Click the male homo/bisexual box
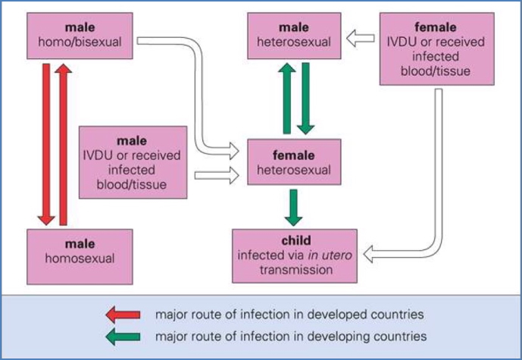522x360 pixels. (80, 35)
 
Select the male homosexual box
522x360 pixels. (80, 251)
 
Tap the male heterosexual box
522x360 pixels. (292, 35)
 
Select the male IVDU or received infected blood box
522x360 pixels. (133, 162)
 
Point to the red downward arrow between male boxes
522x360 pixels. (47, 144)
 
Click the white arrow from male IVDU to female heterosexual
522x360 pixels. (217, 176)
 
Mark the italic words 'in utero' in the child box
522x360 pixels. (325, 255)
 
